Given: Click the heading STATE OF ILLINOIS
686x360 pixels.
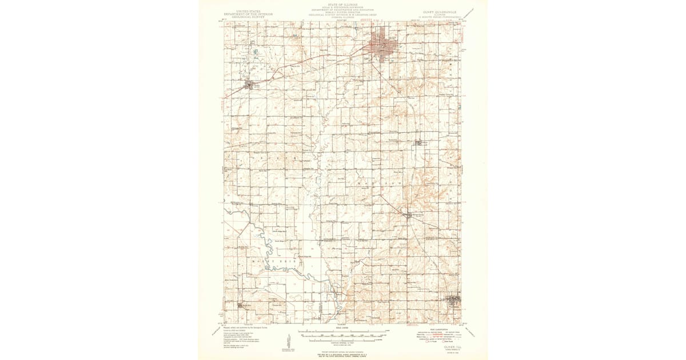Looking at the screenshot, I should (x=342, y=3).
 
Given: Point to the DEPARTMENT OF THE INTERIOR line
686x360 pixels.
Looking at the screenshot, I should (x=248, y=14).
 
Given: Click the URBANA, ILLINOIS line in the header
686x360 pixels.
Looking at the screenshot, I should (x=342, y=17).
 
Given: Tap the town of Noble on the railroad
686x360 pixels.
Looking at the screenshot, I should (x=249, y=86).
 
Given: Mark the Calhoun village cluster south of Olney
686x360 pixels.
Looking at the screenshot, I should (x=419, y=142).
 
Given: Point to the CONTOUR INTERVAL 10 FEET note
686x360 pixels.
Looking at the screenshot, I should (x=342, y=342).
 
